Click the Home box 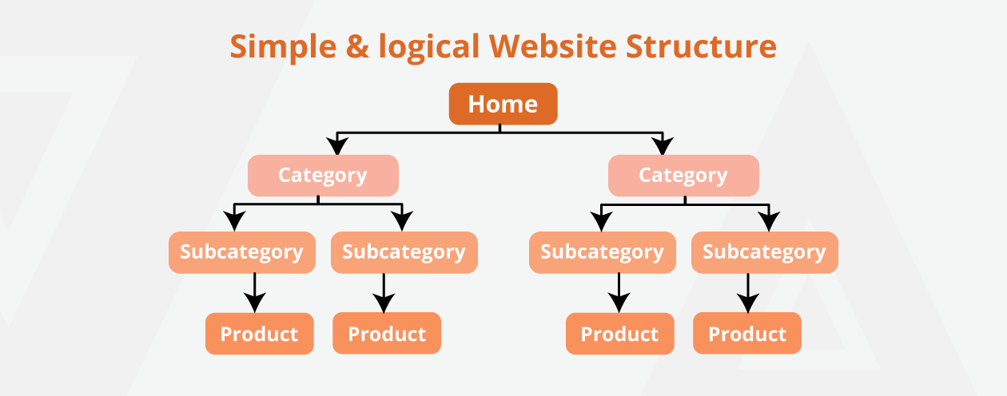click(503, 104)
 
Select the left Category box click(323, 176)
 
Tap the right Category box click(683, 176)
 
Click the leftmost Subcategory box click(241, 252)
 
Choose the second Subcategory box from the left click(404, 252)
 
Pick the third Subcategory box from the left click(602, 252)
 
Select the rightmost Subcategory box click(764, 252)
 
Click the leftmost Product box click(259, 334)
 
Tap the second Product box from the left click(387, 334)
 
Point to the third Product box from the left click(619, 334)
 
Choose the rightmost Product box click(747, 334)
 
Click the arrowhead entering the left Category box click(338, 146)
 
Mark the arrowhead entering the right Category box click(663, 146)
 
